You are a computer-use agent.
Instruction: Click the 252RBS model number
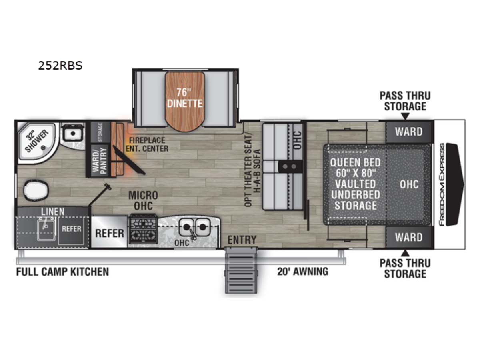click(x=60, y=66)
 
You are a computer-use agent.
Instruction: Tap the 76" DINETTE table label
click(x=185, y=98)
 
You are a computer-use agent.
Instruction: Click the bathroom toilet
click(x=36, y=190)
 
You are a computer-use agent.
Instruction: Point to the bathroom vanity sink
click(x=72, y=133)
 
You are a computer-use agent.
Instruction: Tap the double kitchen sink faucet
click(x=192, y=234)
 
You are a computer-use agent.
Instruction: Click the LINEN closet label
click(x=53, y=211)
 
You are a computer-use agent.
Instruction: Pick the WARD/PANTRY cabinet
click(x=100, y=161)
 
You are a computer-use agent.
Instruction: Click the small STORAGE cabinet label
click(x=100, y=132)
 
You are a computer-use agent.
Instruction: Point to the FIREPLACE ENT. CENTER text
click(x=147, y=144)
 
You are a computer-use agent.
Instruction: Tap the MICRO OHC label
click(x=143, y=200)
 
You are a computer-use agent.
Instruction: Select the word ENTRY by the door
click(x=242, y=240)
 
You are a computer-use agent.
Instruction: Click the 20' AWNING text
click(x=303, y=272)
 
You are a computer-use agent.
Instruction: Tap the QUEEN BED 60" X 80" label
click(x=356, y=168)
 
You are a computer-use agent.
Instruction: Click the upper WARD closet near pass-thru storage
click(x=409, y=132)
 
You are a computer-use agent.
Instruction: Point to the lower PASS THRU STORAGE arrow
click(x=405, y=253)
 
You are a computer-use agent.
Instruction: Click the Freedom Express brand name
click(x=442, y=185)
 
